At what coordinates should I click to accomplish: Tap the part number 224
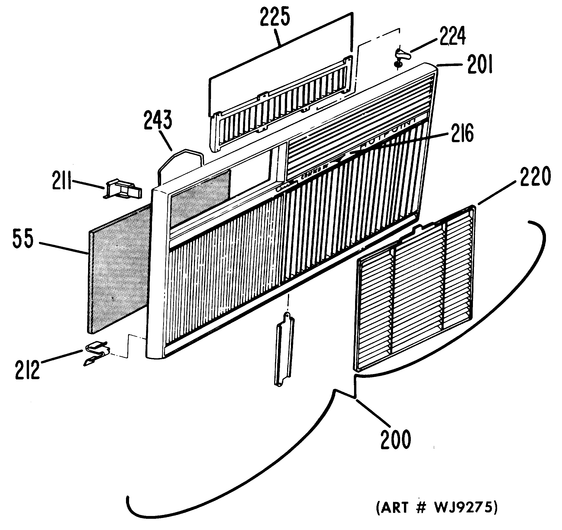[452, 36]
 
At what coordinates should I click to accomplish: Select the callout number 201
[480, 65]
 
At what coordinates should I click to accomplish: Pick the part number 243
[158, 120]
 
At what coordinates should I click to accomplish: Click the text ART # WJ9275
[437, 507]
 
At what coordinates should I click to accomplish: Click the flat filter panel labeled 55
[119, 269]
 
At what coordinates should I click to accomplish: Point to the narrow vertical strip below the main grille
[284, 348]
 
